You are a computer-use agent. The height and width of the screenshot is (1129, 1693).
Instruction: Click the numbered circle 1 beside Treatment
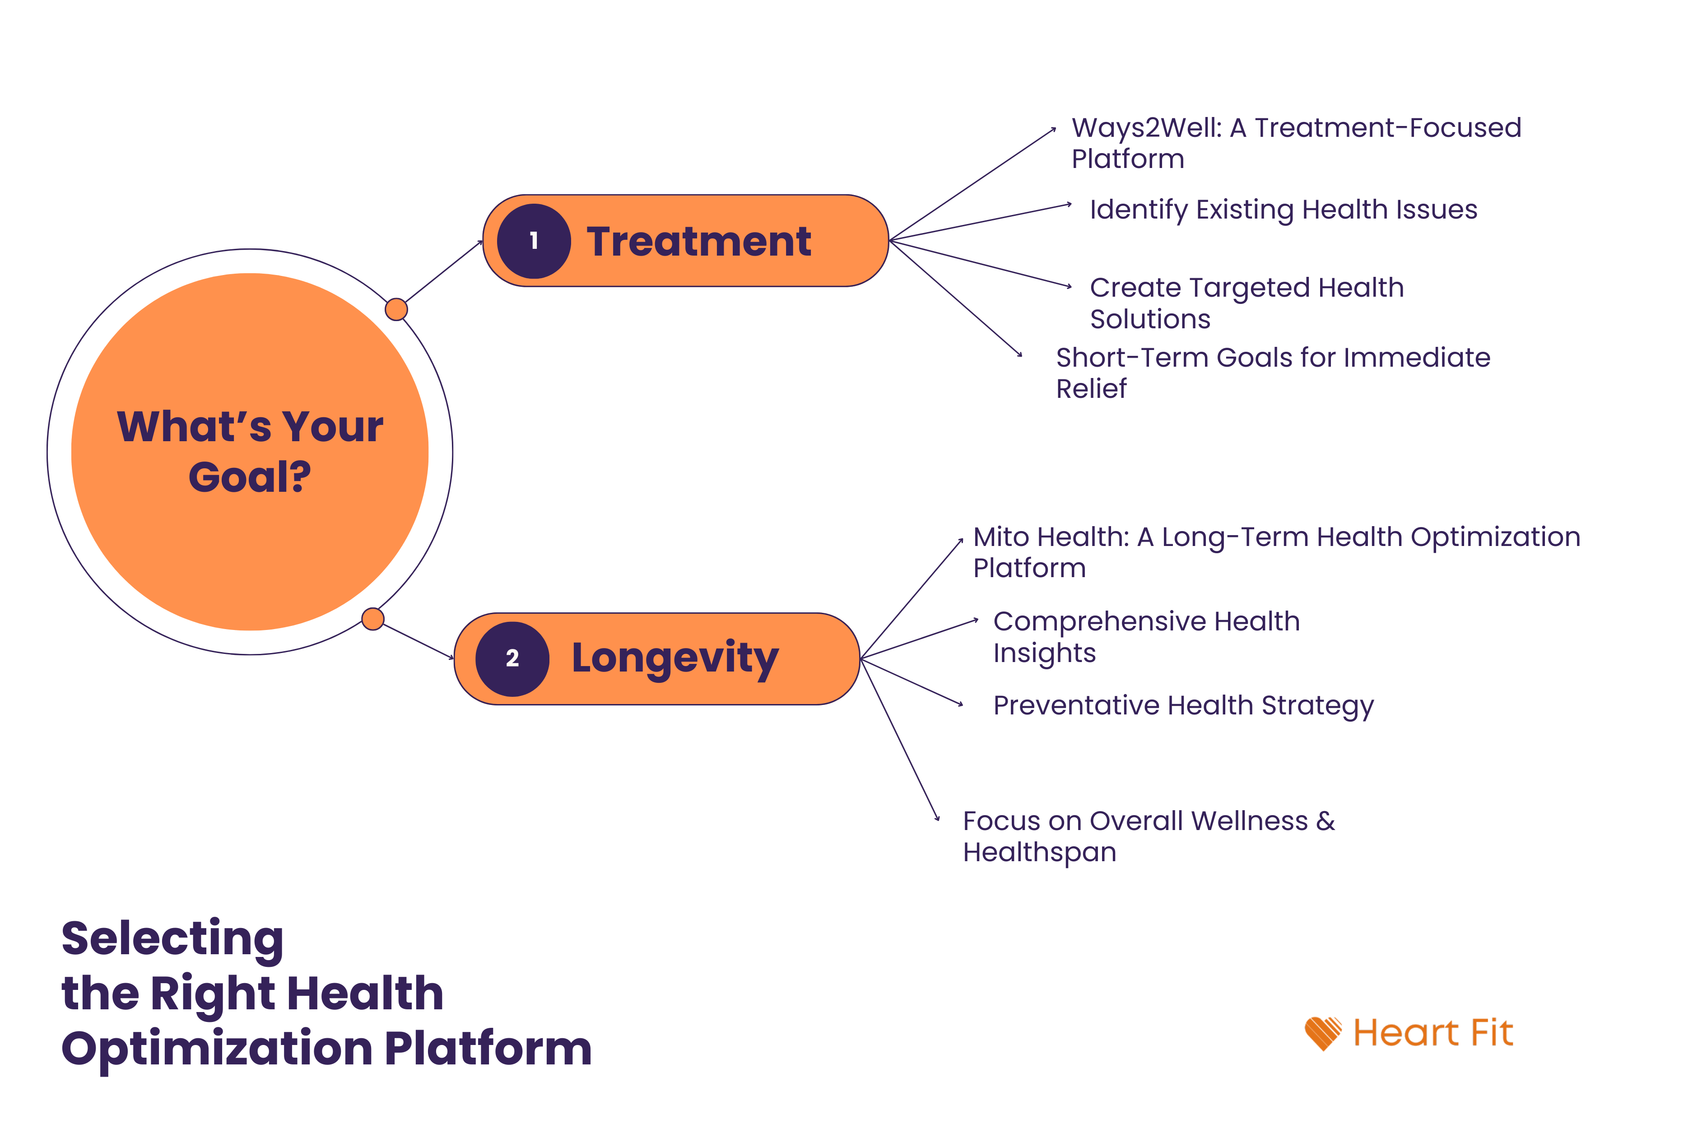click(533, 241)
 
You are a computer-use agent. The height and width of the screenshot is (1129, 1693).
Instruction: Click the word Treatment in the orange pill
click(698, 241)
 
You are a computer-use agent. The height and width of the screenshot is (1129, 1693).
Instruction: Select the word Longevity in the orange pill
click(674, 658)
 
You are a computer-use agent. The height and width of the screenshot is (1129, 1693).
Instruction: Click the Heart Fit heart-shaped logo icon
click(1322, 1033)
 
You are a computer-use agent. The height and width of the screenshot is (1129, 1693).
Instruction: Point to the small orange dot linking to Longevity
click(372, 619)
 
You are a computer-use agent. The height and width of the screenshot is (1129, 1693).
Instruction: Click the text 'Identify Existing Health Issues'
click(1283, 210)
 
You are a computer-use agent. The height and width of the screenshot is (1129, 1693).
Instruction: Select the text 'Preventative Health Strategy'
click(1183, 705)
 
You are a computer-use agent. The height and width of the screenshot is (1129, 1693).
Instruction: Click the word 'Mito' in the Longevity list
click(1000, 537)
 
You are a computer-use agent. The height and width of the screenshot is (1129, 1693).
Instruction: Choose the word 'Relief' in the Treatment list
click(1090, 389)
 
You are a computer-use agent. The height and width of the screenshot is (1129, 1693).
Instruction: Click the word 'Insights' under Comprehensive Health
click(1044, 653)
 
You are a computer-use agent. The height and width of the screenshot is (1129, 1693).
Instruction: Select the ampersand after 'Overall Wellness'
click(1325, 821)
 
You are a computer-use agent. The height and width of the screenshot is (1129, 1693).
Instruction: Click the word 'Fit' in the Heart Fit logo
click(1492, 1033)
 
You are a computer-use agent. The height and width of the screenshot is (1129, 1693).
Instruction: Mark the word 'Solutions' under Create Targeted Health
click(1149, 319)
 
